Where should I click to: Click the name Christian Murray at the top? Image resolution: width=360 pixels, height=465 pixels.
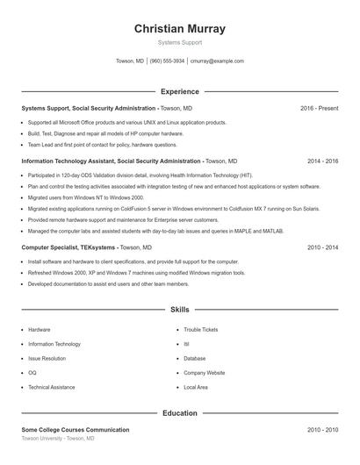click(180, 29)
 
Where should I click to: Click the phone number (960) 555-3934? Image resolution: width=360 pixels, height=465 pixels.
click(167, 61)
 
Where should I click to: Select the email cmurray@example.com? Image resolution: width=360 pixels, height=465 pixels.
click(217, 61)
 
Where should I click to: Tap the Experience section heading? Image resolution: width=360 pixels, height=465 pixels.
click(180, 91)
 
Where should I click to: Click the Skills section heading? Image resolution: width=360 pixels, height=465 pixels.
click(180, 310)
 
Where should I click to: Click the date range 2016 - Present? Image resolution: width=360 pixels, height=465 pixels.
click(319, 108)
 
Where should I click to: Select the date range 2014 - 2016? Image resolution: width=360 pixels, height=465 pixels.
click(322, 161)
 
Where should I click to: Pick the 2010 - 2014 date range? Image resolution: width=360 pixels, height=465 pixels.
click(322, 248)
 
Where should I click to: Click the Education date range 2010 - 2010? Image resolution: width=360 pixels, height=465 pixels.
click(322, 430)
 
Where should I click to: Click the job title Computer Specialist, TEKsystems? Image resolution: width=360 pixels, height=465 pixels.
click(68, 248)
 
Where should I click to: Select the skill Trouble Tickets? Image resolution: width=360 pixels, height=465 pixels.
click(200, 330)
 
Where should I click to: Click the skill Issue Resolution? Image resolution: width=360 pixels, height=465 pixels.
click(47, 358)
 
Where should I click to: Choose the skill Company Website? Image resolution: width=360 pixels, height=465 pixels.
click(204, 372)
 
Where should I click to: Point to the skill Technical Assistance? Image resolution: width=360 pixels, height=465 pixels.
click(51, 386)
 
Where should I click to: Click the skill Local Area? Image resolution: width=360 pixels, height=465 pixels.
click(195, 386)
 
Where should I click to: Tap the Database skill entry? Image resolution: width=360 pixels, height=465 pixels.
click(194, 358)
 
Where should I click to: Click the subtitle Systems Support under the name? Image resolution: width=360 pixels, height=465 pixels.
click(180, 42)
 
